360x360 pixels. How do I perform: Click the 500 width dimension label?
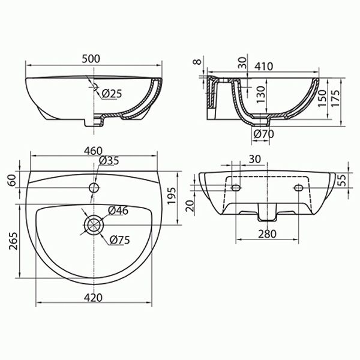pyautogui.click(x=91, y=58)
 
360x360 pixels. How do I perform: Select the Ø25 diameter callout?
pyautogui.click(x=112, y=94)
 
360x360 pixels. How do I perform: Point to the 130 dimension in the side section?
pyautogui.click(x=260, y=93)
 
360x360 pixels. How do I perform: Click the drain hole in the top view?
pyautogui.click(x=93, y=226)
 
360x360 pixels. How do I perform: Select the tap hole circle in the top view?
pyautogui.click(x=93, y=187)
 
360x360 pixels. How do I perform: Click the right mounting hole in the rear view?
pyautogui.click(x=298, y=188)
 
